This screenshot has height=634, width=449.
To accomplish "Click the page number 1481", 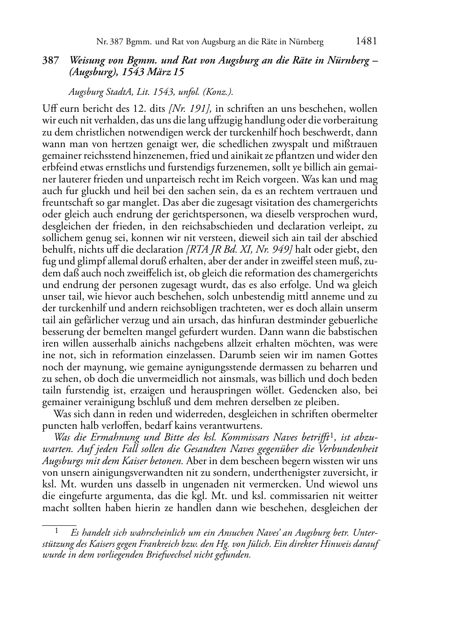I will tap(367, 42).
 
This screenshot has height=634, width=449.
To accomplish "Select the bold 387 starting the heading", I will tap(50, 61).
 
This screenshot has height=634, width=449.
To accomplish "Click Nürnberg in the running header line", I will tap(307, 42).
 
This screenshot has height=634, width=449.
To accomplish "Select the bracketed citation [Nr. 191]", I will tap(193, 108).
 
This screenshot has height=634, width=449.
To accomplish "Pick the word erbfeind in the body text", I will tap(59, 167).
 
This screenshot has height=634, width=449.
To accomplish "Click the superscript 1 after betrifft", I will tap(332, 435).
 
